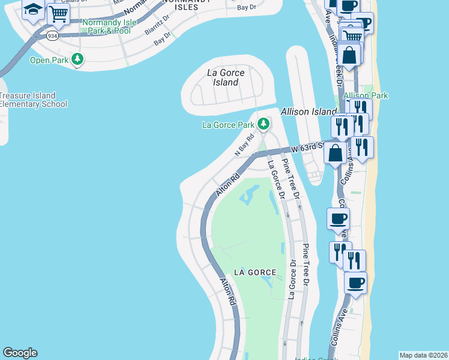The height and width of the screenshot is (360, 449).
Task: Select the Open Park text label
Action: (49, 60)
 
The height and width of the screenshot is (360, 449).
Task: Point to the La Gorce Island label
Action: (225, 77)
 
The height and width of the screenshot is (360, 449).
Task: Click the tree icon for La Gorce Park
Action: (263, 124)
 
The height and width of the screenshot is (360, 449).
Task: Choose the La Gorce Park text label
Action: (228, 125)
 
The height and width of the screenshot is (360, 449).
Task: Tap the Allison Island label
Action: (309, 112)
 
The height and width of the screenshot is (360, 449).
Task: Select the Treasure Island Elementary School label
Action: (32, 100)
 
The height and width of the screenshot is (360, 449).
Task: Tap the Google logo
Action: (20, 353)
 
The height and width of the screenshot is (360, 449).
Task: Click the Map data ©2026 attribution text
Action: (423, 355)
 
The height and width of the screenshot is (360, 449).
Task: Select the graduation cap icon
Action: (32, 9)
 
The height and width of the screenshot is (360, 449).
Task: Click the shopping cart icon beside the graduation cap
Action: (58, 13)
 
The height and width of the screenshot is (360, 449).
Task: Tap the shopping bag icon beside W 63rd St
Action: (336, 152)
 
